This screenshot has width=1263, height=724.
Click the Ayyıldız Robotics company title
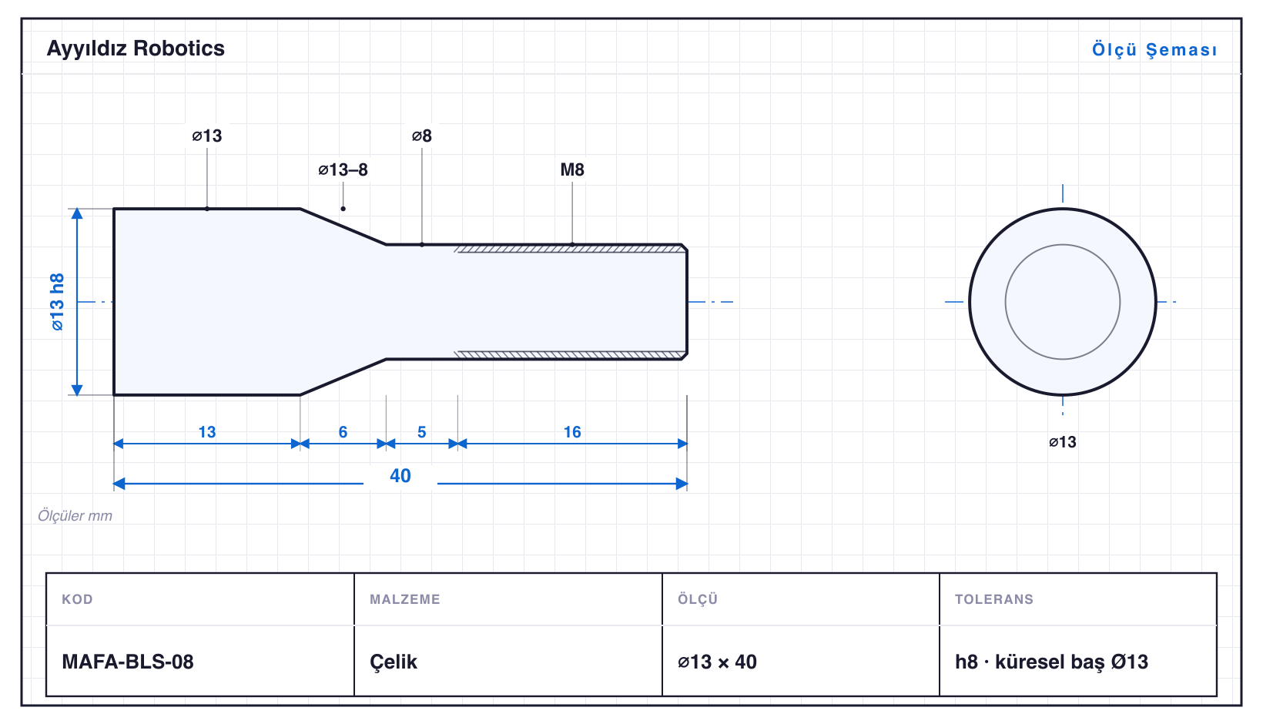tap(136, 49)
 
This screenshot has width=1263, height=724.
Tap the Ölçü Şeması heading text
tap(1154, 49)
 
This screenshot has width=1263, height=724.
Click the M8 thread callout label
tap(571, 169)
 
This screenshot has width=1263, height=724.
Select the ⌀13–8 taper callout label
tap(343, 169)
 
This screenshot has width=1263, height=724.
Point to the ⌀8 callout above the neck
tap(422, 136)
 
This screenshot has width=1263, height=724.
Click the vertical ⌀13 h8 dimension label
tap(57, 302)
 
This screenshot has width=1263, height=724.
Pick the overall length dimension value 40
tap(400, 476)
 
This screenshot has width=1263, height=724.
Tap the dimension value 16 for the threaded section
tap(572, 432)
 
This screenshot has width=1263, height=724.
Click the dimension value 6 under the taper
tap(343, 432)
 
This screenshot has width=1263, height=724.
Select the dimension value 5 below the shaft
tap(422, 432)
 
